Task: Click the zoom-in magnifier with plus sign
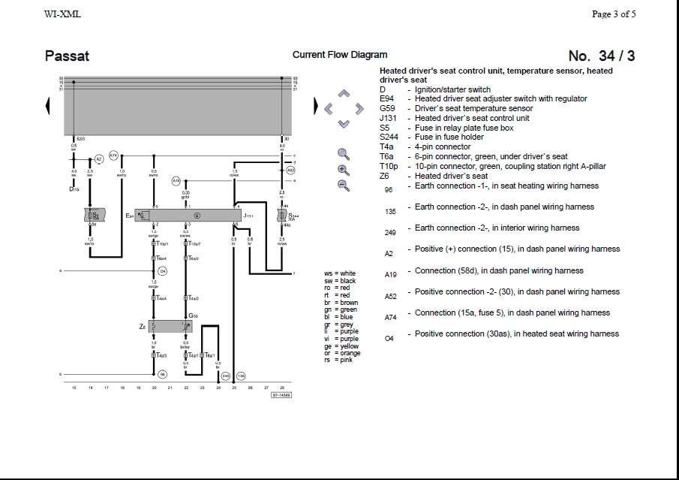pyautogui.click(x=344, y=170)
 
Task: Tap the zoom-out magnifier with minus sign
pyautogui.click(x=344, y=185)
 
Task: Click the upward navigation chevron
pyautogui.click(x=344, y=94)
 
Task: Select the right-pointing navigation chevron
pyautogui.click(x=359, y=109)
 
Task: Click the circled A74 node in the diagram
pyautogui.click(x=113, y=155)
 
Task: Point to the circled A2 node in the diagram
pyautogui.click(x=98, y=160)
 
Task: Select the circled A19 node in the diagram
pyautogui.click(x=176, y=181)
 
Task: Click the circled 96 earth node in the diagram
pyautogui.click(x=163, y=373)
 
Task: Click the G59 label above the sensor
pyautogui.click(x=193, y=316)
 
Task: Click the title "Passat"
pyautogui.click(x=67, y=56)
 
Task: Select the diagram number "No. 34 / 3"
pyautogui.click(x=602, y=56)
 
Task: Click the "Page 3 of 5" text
pyautogui.click(x=614, y=14)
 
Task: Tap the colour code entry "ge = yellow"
pyautogui.click(x=341, y=346)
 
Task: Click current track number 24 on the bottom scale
pyautogui.click(x=218, y=388)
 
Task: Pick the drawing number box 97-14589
pyautogui.click(x=281, y=394)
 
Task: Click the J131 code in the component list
pyautogui.click(x=388, y=118)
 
